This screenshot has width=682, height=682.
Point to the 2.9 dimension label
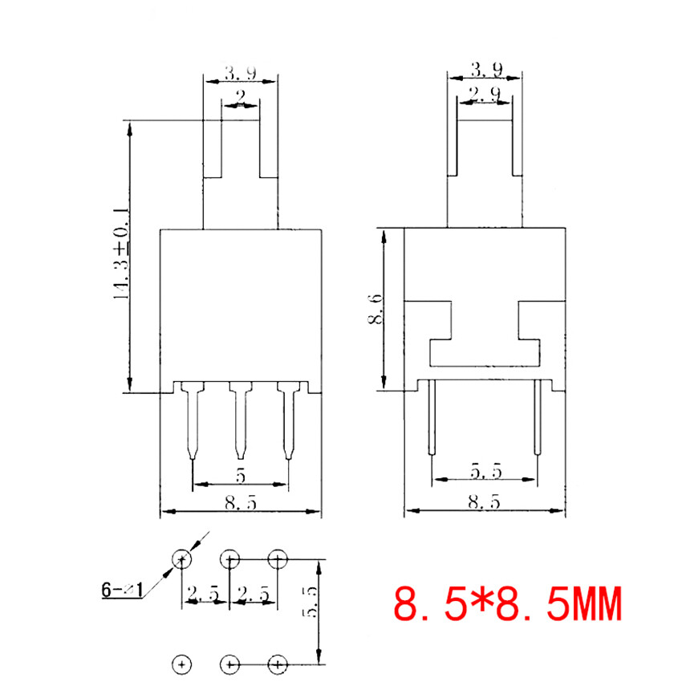point(485,96)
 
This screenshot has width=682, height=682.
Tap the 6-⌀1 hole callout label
point(122,591)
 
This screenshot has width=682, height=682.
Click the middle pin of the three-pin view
point(239,421)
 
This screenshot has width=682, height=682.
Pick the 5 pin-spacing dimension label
point(240,477)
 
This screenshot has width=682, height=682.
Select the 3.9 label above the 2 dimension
point(240,74)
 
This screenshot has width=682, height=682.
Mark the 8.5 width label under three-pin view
point(240,503)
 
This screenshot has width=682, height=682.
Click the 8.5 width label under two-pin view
point(485,503)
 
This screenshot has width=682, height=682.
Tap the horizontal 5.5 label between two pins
point(485,472)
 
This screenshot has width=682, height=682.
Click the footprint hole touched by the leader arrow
point(182,558)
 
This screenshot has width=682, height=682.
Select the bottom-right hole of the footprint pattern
point(278,664)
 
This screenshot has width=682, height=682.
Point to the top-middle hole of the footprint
point(230,558)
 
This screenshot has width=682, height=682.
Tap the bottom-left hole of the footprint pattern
point(182,664)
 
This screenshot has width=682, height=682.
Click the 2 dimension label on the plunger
point(240,99)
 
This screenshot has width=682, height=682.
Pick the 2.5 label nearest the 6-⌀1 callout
point(203,594)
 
